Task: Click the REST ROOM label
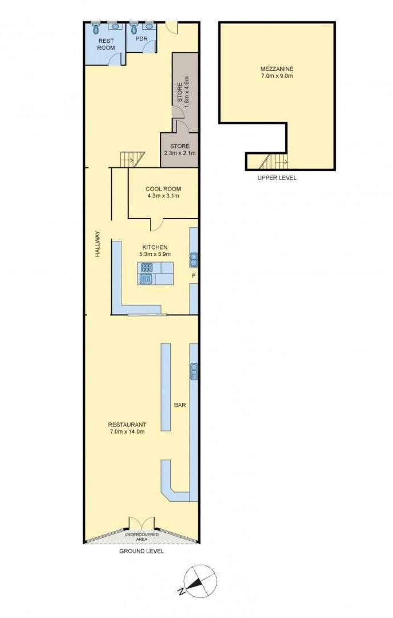106,44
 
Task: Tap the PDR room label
142,39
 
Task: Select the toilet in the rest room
96,27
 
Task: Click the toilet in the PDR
133,27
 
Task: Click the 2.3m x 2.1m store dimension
179,153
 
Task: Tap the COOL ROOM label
163,189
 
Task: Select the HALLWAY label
98,244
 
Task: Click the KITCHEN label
158,247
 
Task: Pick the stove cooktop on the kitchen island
147,268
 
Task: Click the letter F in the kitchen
193,275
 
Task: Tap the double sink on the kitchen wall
194,259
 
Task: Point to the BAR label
180,405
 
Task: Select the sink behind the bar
194,371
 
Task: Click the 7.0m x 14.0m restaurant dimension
127,431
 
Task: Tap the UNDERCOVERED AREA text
142,536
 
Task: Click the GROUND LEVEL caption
142,551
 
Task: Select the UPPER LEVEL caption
277,178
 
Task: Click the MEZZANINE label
277,69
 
